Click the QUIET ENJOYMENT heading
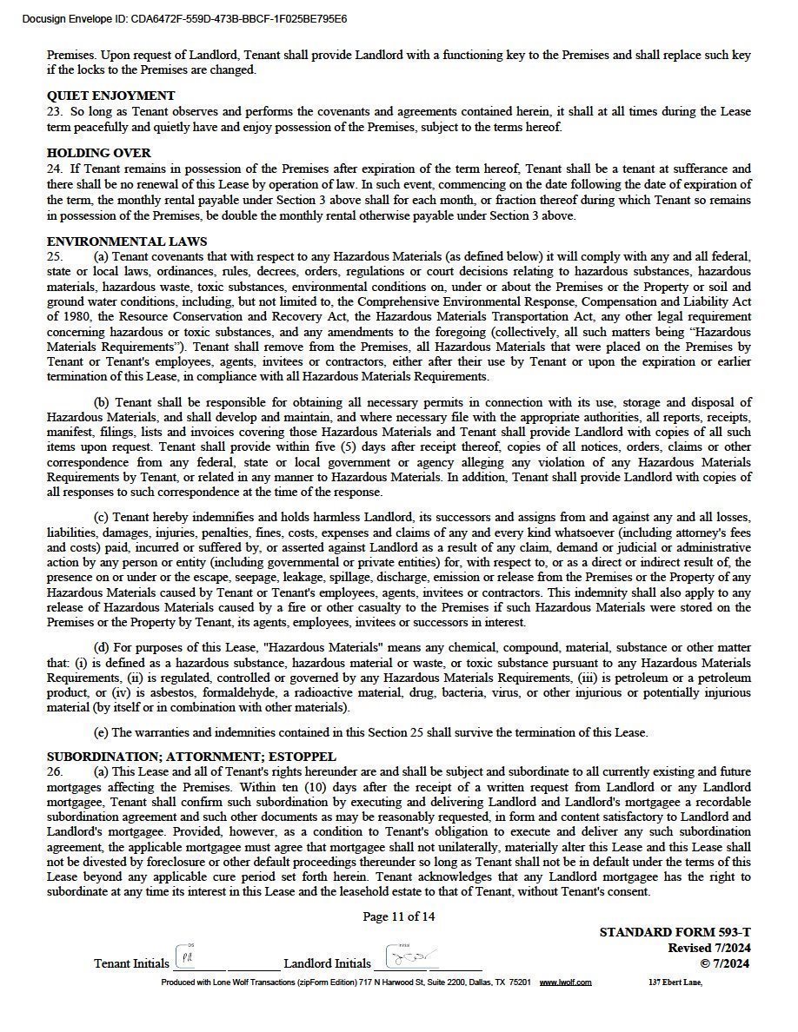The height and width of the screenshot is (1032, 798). [110, 96]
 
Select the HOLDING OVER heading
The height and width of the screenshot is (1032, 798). [98, 154]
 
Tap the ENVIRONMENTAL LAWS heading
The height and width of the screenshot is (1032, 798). [127, 242]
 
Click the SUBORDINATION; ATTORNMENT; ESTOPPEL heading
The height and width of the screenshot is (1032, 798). [191, 757]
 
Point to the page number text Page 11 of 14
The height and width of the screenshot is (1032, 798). [399, 916]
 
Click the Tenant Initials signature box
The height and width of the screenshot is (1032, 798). [188, 957]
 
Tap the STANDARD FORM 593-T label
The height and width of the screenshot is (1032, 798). [675, 933]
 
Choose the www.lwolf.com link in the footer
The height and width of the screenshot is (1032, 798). [565, 982]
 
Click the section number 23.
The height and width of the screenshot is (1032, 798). [54, 112]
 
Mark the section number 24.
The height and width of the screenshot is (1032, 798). [54, 169]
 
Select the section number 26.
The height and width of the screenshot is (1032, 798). [54, 772]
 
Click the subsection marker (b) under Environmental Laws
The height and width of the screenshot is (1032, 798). [102, 403]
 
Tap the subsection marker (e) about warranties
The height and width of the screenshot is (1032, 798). [102, 733]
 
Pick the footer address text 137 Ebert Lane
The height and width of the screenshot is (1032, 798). [675, 982]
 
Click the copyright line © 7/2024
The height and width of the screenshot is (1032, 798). [725, 963]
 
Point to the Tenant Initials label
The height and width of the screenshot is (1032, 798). [131, 963]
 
